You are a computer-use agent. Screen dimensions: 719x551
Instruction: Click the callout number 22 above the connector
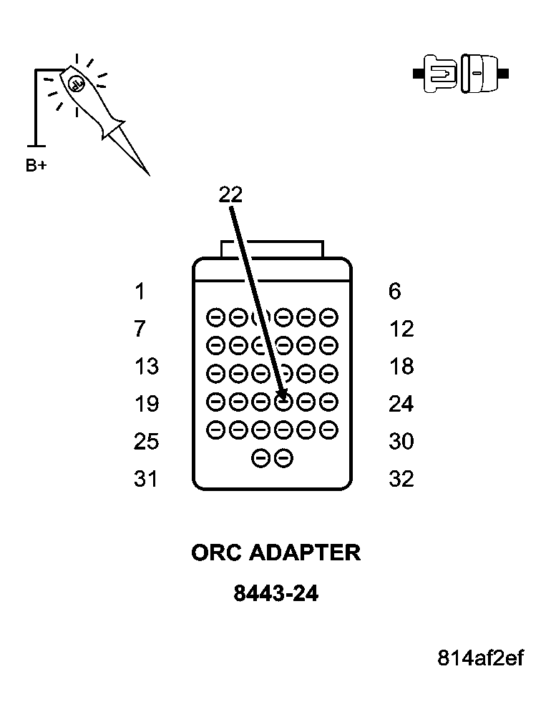click(230, 195)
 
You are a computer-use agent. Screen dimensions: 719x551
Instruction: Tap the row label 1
click(140, 292)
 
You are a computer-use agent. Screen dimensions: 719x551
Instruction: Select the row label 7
click(140, 329)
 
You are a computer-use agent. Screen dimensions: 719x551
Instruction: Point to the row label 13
click(146, 367)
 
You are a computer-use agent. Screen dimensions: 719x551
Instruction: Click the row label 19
click(146, 405)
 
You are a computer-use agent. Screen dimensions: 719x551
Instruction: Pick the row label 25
click(146, 442)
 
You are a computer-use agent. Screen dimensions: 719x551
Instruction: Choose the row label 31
click(146, 479)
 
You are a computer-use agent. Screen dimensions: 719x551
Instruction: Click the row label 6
click(395, 292)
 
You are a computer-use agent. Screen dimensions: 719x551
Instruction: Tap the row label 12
click(401, 329)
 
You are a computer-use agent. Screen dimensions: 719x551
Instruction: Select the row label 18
click(401, 367)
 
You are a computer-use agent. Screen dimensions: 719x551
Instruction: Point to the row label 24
click(401, 405)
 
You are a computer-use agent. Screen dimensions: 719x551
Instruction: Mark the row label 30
click(401, 442)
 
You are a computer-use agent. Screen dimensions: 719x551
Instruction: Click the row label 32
click(401, 479)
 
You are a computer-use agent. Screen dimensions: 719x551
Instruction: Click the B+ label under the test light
click(36, 166)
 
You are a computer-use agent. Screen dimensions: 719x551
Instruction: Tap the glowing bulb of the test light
click(76, 84)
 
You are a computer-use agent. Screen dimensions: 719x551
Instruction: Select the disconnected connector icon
click(462, 74)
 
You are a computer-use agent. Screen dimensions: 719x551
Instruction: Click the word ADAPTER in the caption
click(305, 553)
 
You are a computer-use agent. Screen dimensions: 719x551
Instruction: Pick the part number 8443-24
click(275, 594)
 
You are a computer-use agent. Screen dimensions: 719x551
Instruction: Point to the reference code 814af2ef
click(481, 658)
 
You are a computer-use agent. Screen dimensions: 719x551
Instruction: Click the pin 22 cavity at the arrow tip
click(283, 403)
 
